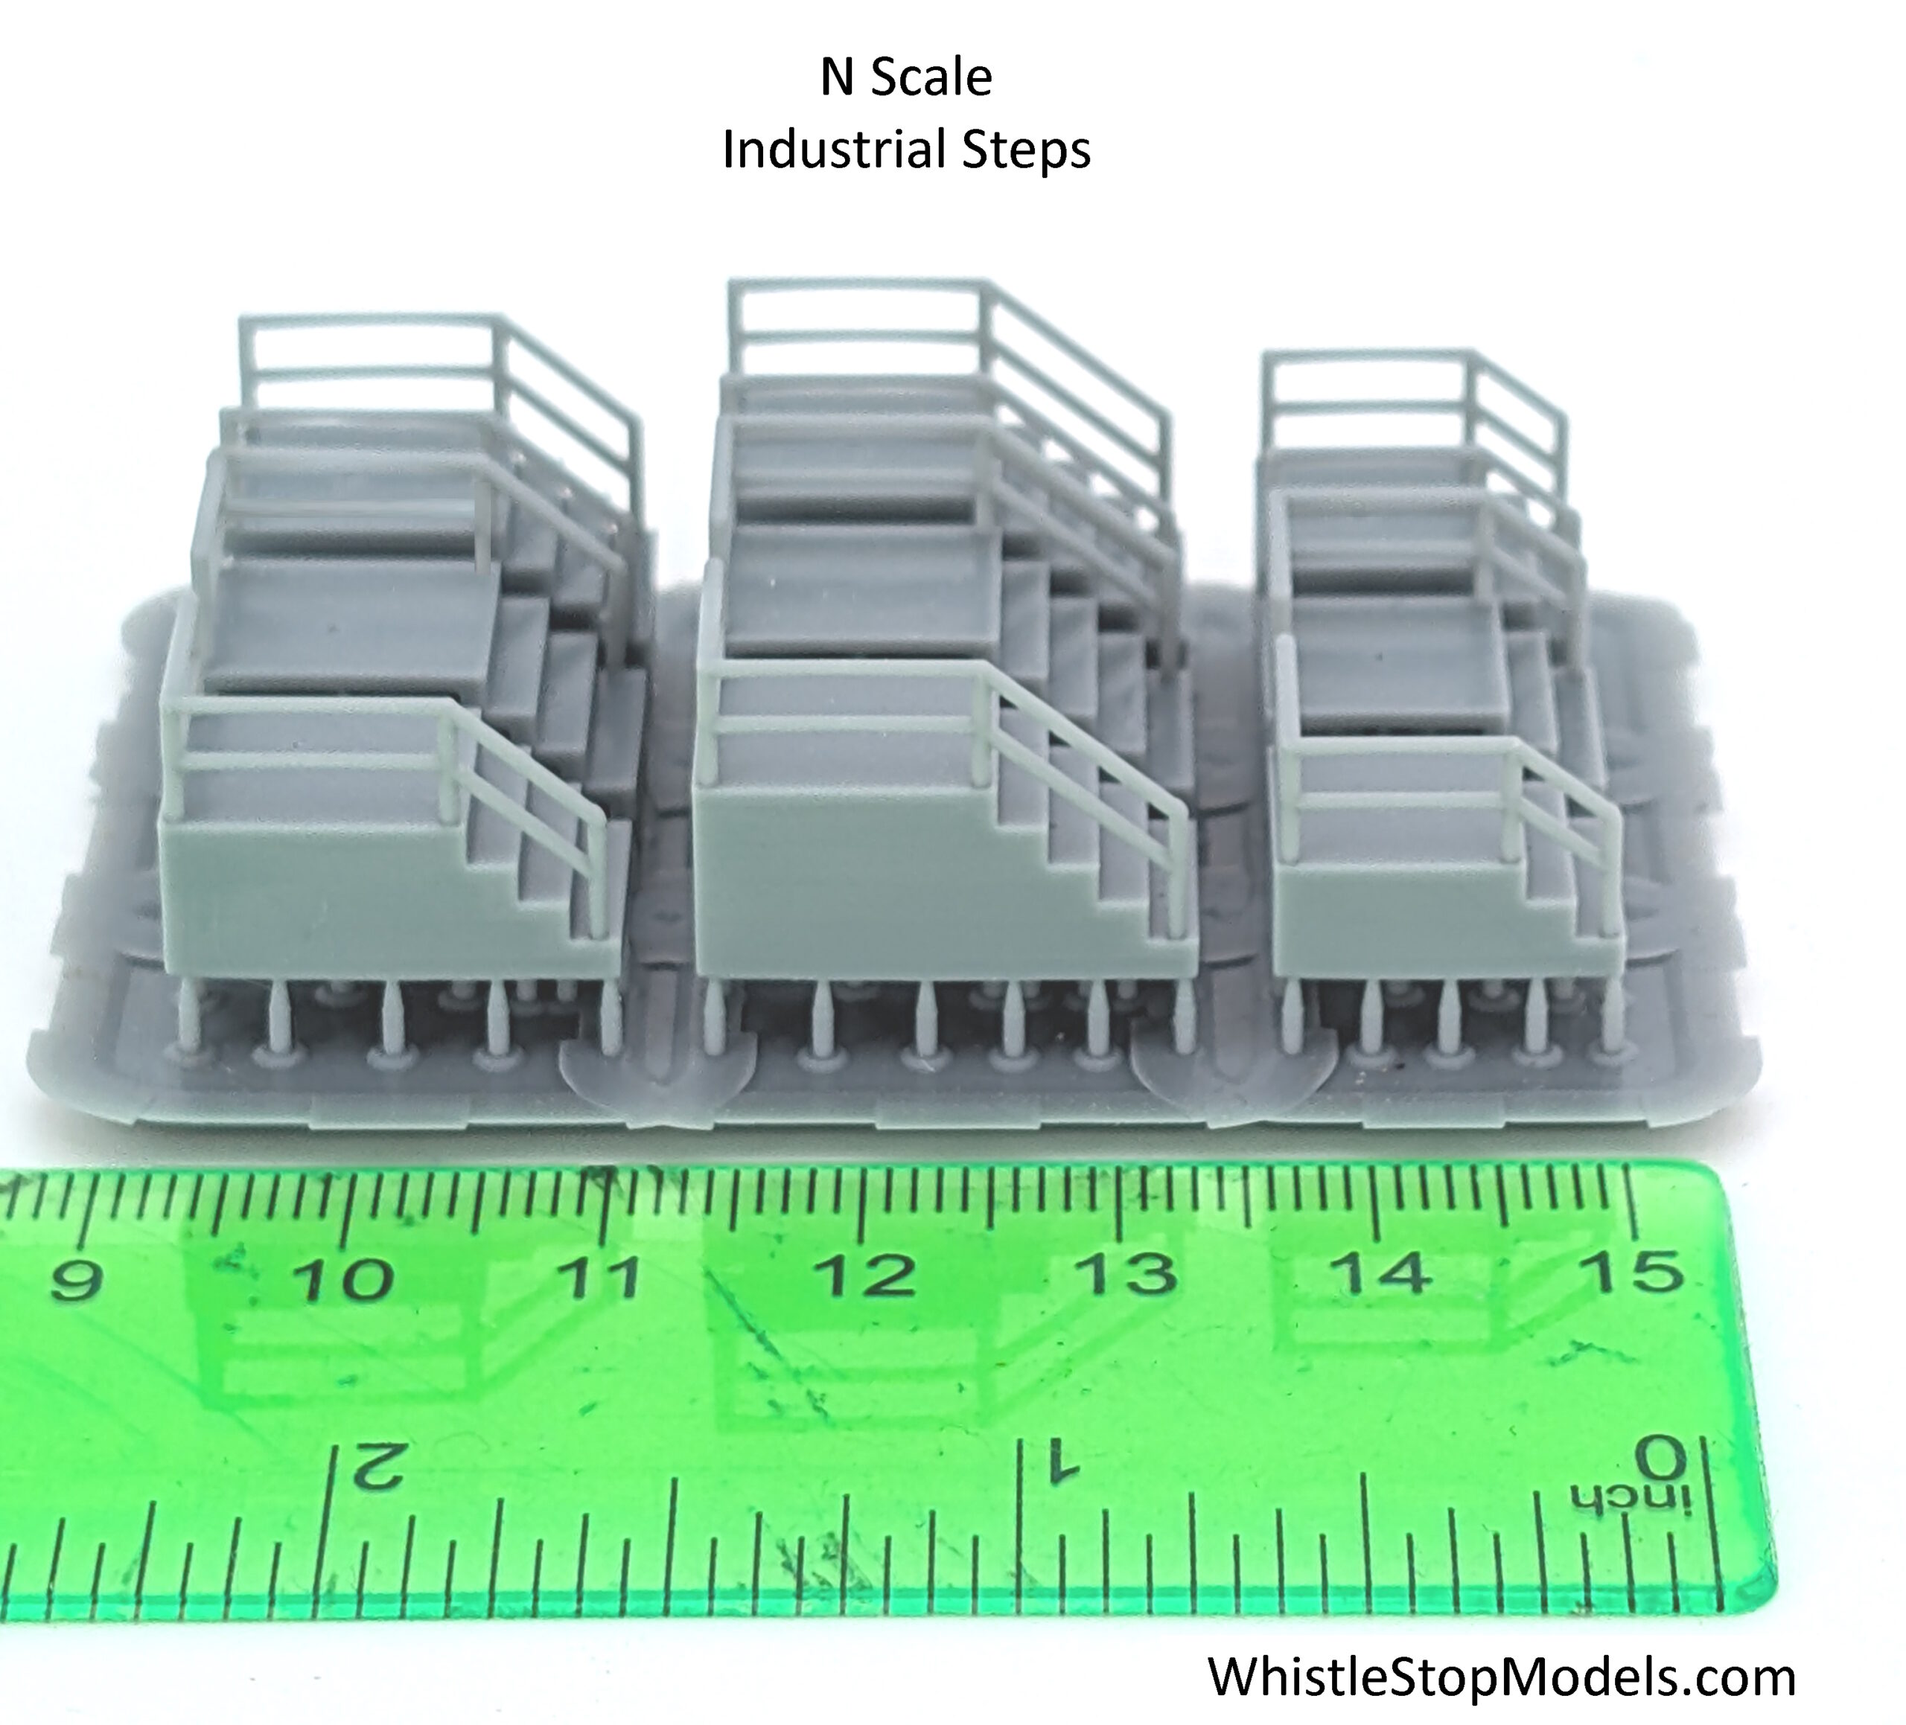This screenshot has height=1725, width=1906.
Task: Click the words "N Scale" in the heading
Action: [x=906, y=77]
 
